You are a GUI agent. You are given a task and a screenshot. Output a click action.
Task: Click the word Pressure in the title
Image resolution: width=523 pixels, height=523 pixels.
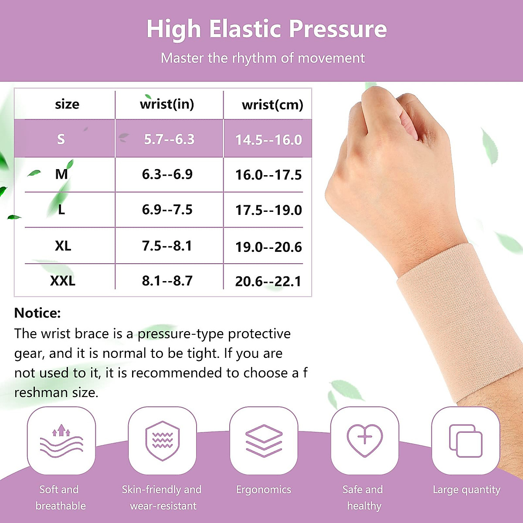(338, 30)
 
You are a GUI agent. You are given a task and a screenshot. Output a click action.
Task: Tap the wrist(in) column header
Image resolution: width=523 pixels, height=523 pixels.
(167, 104)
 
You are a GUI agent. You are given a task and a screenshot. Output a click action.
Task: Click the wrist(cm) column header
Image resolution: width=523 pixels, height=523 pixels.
(272, 105)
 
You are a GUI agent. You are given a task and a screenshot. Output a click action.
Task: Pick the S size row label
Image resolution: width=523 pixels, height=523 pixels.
(61, 139)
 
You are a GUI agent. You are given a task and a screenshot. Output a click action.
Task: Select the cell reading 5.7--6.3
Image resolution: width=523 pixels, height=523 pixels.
(169, 139)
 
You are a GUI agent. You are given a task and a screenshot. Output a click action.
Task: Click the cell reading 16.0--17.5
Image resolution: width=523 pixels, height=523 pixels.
(268, 175)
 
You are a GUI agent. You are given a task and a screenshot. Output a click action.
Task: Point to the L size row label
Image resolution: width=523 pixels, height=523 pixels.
(61, 210)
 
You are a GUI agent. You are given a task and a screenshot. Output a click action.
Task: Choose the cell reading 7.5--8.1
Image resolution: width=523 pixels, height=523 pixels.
(167, 246)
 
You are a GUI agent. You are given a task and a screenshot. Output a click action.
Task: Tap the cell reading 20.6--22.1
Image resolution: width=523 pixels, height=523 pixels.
(268, 281)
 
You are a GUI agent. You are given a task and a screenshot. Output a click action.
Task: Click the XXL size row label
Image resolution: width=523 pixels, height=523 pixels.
(63, 281)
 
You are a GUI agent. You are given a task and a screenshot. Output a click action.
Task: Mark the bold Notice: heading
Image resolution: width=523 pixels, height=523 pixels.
(37, 313)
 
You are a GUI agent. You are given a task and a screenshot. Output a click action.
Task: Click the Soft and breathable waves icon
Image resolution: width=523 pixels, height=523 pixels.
(61, 441)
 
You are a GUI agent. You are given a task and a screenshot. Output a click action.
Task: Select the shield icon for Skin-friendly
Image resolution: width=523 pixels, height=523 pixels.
(162, 441)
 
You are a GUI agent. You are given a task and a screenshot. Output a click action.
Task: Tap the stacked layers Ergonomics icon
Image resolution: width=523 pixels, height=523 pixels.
(264, 441)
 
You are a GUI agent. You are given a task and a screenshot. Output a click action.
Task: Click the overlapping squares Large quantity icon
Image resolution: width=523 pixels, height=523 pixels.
(465, 441)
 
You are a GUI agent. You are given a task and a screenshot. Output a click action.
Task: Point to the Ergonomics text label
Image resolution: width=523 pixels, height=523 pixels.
(264, 489)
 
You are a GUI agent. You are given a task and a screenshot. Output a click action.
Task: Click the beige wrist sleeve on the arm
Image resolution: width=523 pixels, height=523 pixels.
(458, 323)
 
